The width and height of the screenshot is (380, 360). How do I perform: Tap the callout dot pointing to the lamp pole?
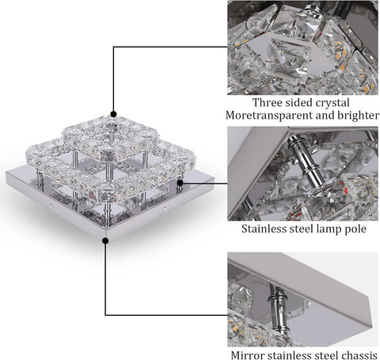point(181,181)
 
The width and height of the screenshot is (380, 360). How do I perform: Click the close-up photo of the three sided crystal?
point(302,47)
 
